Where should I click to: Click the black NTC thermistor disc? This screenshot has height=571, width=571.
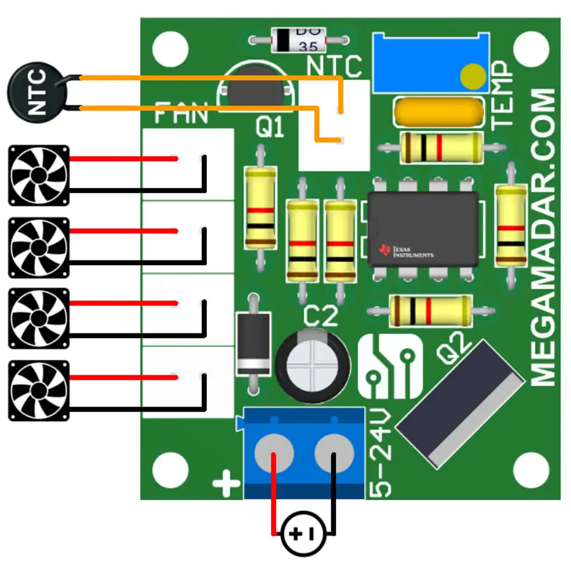click(x=37, y=92)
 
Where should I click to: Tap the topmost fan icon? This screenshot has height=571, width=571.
click(x=38, y=175)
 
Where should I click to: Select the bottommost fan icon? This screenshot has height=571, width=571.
click(x=38, y=391)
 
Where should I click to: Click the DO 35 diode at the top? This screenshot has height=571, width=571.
click(x=299, y=40)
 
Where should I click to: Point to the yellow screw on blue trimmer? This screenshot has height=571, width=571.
click(x=473, y=76)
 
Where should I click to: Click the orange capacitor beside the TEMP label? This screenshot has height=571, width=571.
click(x=439, y=112)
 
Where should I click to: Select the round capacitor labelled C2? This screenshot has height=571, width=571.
click(x=313, y=365)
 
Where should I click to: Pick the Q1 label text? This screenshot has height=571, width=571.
click(x=270, y=127)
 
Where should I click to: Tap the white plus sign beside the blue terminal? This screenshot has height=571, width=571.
click(x=226, y=483)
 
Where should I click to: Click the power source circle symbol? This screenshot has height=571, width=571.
click(x=303, y=534)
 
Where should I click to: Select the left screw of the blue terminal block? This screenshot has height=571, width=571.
click(x=274, y=453)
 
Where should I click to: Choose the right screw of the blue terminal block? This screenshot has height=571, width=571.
click(x=334, y=453)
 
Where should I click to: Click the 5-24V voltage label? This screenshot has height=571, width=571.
click(x=380, y=453)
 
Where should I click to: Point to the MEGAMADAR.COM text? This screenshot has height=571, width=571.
click(x=543, y=237)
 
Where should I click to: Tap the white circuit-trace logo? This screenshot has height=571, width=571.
click(x=390, y=366)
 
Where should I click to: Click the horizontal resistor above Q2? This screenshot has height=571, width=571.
click(x=431, y=311)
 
